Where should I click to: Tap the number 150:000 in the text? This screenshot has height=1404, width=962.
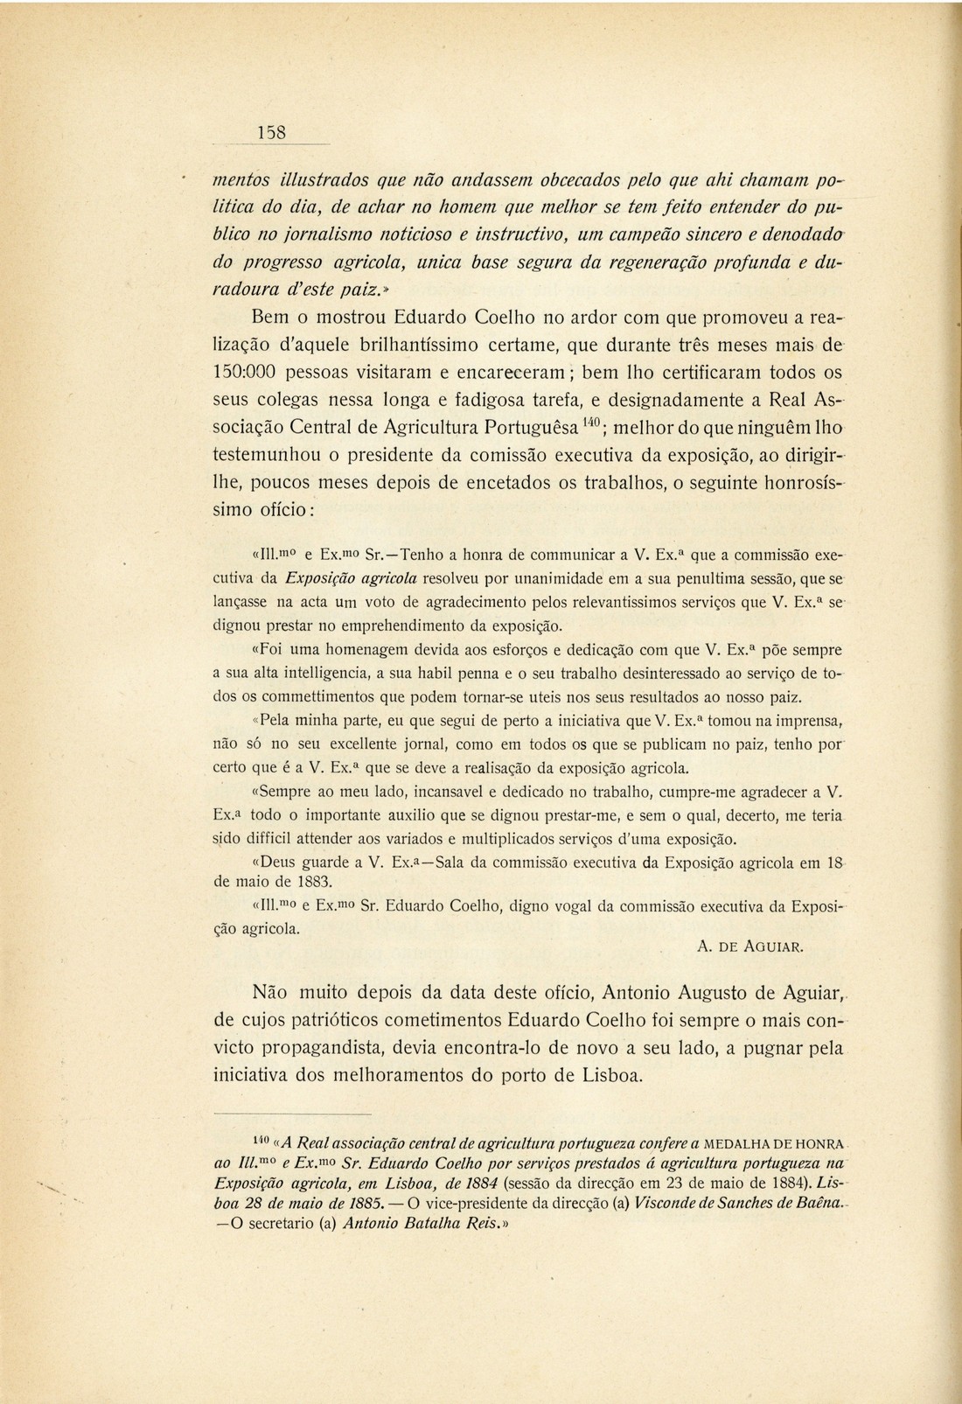point(249,371)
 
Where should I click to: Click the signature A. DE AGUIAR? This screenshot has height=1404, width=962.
point(751,946)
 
